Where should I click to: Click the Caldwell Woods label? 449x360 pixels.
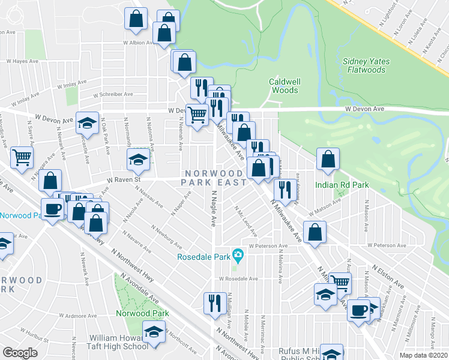(283, 86)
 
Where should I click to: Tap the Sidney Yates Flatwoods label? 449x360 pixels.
(366, 65)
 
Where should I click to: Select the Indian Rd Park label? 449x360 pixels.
(342, 185)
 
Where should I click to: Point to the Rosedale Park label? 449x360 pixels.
(204, 257)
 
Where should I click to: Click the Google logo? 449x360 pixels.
(20, 352)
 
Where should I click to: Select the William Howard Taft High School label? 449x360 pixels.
(118, 342)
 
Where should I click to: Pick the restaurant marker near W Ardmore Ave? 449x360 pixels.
(215, 302)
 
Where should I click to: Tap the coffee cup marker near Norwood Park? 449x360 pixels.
(52, 208)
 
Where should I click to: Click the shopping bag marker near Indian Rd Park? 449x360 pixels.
(328, 159)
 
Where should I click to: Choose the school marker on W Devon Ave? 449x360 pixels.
(88, 122)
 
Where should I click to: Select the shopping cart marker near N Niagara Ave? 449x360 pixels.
(22, 158)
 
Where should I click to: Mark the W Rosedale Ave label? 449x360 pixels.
(238, 279)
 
